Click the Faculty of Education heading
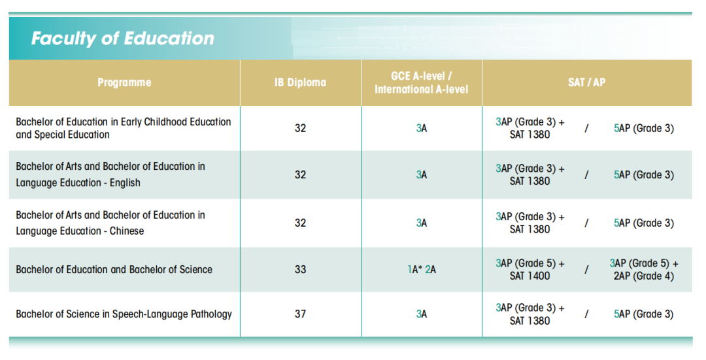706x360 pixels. (122, 39)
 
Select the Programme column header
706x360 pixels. (124, 82)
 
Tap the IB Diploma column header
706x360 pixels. (300, 82)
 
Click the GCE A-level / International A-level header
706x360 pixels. (421, 83)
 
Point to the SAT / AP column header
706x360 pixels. (586, 82)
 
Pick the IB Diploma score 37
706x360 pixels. (300, 314)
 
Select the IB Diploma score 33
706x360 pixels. (300, 269)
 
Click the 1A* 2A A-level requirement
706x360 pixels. (422, 269)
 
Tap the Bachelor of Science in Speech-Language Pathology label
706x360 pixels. (124, 314)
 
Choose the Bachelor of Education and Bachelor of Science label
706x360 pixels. (114, 269)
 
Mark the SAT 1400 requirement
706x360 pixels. (530, 276)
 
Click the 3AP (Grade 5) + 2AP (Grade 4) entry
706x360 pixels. (644, 269)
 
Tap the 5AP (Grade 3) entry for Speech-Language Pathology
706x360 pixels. (644, 314)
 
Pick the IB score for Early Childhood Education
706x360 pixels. (300, 128)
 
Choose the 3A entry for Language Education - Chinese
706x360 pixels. (422, 223)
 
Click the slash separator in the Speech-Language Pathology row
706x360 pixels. (586, 314)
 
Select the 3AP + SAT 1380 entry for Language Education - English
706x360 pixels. (530, 175)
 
